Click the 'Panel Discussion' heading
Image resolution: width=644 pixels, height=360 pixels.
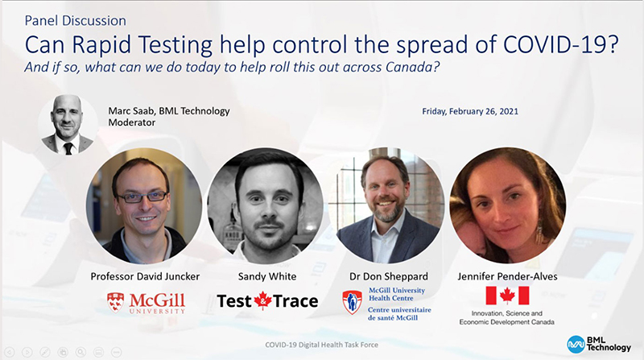[x=75, y=21]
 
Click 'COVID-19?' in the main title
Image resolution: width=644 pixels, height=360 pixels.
[x=560, y=45]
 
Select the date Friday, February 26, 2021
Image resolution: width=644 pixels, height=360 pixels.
[x=470, y=111]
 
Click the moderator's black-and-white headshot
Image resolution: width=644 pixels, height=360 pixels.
[x=68, y=125]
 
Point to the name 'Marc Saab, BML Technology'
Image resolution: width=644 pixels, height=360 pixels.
[x=169, y=111]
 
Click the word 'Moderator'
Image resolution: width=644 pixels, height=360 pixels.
[x=131, y=122]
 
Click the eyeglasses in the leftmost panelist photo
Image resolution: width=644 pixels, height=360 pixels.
[x=142, y=197]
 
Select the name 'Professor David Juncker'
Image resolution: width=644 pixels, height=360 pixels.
[x=145, y=276]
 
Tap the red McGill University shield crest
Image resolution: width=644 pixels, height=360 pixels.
[x=115, y=303]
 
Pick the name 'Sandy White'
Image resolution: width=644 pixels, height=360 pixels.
[x=267, y=276]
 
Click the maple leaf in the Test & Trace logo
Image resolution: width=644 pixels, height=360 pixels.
[x=263, y=300]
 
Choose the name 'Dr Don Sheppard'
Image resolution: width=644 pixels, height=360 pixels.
[x=389, y=276]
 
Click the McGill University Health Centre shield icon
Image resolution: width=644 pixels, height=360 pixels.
[x=352, y=302]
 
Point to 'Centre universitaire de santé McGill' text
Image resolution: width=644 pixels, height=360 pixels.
[x=399, y=313]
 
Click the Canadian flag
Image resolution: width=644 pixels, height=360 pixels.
[x=507, y=296]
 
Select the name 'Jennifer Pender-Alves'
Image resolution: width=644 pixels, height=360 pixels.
[x=507, y=276]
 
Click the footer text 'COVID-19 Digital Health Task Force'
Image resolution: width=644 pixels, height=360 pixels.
[x=321, y=345]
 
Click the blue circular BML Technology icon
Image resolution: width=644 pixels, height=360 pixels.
[x=576, y=345]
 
